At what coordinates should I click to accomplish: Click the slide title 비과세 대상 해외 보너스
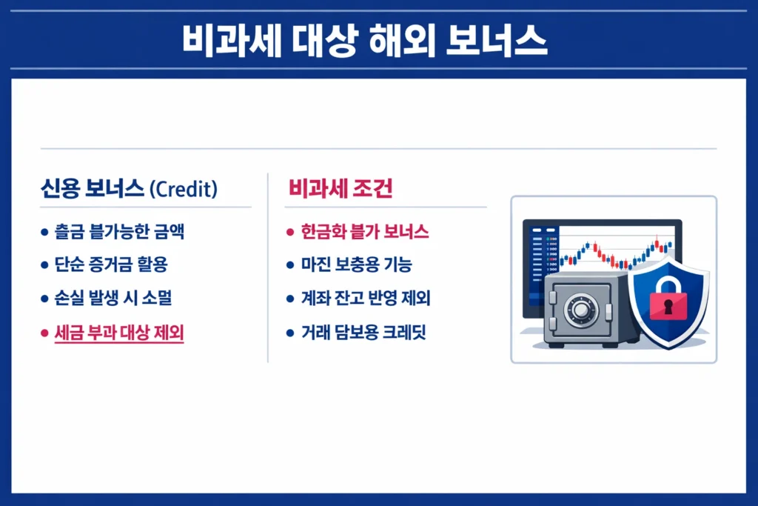[364, 41]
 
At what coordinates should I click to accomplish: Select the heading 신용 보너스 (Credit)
[129, 190]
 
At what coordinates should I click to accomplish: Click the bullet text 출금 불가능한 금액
[119, 231]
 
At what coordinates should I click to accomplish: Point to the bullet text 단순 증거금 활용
[116, 264]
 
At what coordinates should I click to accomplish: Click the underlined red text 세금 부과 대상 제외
[119, 333]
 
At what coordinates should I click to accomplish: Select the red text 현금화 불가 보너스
[365, 231]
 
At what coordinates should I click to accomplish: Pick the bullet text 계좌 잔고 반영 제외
[366, 299]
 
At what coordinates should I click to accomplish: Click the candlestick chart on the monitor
[614, 252]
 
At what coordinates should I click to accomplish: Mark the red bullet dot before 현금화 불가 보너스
[290, 232]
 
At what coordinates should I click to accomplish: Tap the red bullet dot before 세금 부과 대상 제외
[44, 333]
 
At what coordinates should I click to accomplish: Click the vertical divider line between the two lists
[267, 267]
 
